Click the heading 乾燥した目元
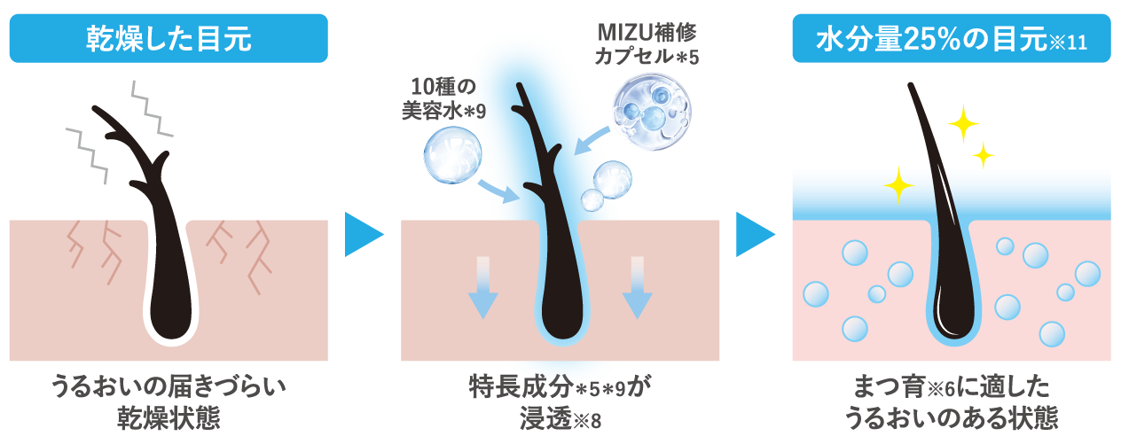[169, 39]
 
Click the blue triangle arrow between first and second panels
[363, 235]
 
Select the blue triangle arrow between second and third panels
[755, 235]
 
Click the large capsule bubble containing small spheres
[655, 110]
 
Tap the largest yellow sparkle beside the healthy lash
[963, 123]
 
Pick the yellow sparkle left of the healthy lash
[898, 184]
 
